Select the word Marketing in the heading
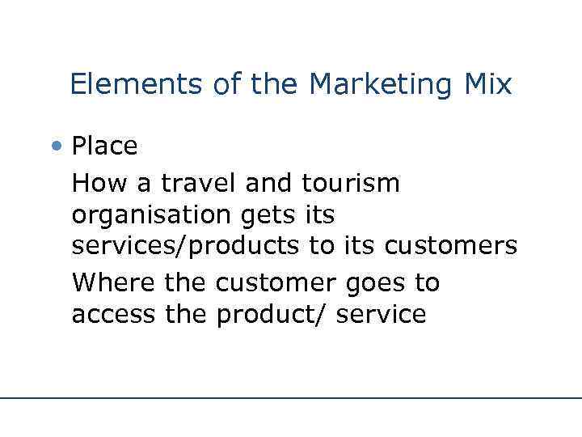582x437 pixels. tap(379, 84)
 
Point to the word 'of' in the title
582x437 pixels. tap(228, 84)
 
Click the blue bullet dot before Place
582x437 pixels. tap(57, 146)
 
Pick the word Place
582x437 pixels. tap(104, 146)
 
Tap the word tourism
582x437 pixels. tap(351, 183)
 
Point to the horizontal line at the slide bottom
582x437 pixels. tap(291, 398)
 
